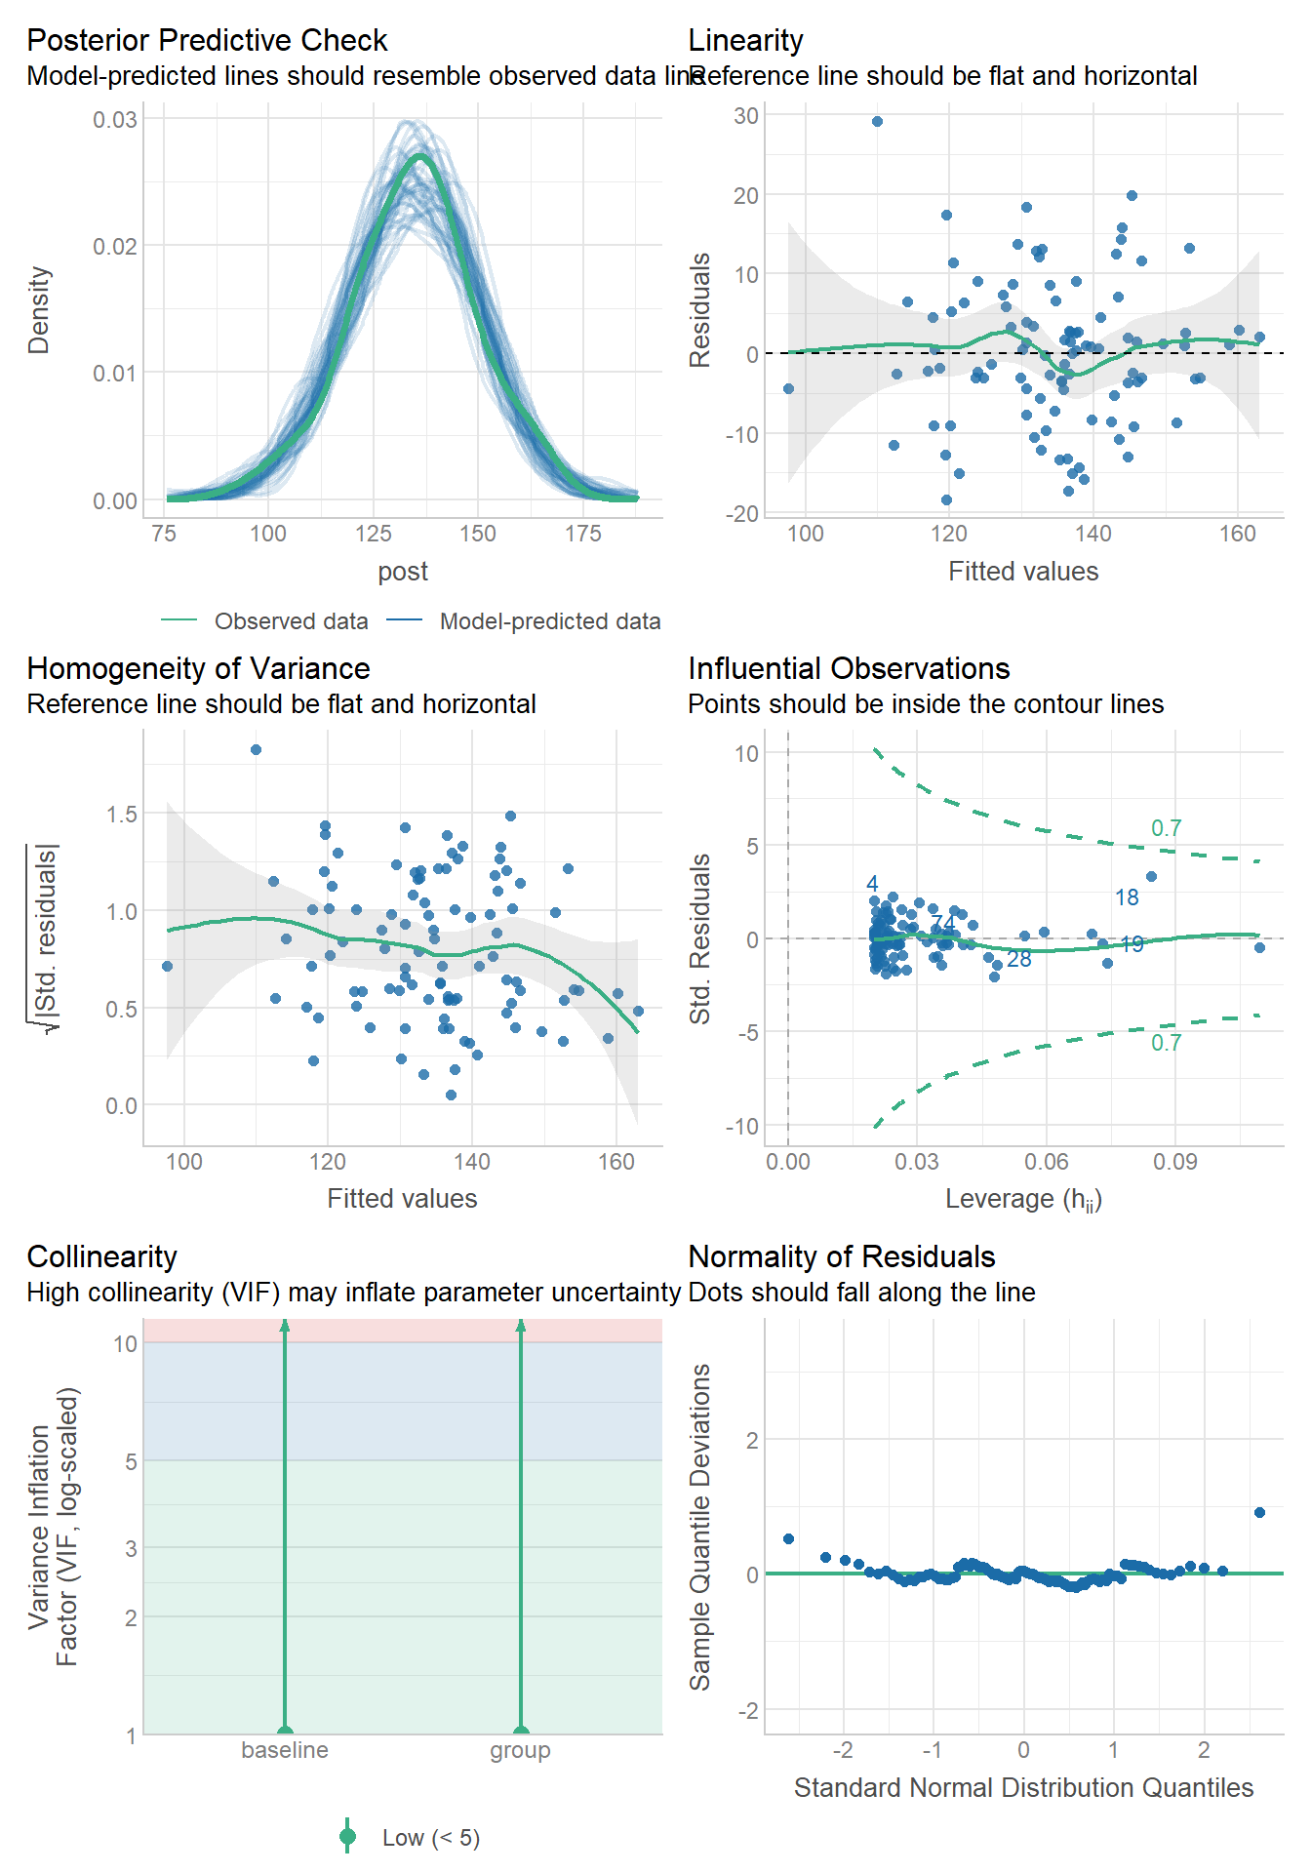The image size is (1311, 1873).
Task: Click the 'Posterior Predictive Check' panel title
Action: click(207, 40)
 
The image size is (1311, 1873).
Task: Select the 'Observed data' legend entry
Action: click(291, 621)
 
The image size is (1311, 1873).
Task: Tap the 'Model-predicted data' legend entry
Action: click(549, 621)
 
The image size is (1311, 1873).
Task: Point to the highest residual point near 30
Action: click(877, 122)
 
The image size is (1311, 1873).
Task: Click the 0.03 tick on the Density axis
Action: click(115, 120)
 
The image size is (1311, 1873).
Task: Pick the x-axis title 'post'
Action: click(403, 572)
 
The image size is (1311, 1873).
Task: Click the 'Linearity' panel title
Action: click(745, 40)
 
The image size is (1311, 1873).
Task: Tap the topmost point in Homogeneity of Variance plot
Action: click(256, 750)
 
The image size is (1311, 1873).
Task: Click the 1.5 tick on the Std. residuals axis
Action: click(122, 815)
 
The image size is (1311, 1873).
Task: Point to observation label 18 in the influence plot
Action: click(1127, 897)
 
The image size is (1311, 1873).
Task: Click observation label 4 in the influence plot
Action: click(872, 884)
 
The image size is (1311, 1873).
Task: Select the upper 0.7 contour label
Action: click(1166, 828)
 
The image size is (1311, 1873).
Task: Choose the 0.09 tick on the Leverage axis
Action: click(1174, 1162)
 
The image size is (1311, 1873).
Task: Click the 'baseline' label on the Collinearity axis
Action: click(285, 1750)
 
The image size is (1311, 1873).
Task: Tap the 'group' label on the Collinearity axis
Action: click(520, 1750)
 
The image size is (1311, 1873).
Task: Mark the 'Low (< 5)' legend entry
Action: click(430, 1838)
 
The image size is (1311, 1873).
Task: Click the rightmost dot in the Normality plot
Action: click(1259, 1513)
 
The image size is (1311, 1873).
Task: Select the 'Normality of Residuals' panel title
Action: click(841, 1256)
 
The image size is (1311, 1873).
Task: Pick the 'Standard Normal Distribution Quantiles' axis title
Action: click(1023, 1788)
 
